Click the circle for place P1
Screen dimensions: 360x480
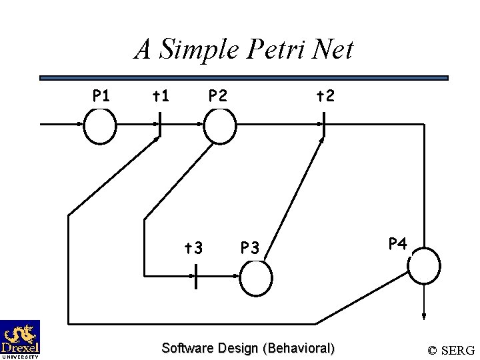[x=100, y=126]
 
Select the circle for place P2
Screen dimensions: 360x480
[x=219, y=126]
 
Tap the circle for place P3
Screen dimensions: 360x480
[x=255, y=278]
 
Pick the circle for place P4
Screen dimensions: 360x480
[x=424, y=265]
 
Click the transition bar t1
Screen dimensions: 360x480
[x=159, y=125]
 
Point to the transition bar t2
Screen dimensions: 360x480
[x=323, y=125]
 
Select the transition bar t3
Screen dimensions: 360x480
[x=195, y=277]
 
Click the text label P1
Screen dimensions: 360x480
[x=101, y=96]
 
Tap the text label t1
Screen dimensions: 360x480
[x=160, y=96]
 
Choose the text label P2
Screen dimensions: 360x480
[x=217, y=96]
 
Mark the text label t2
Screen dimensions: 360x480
[x=325, y=96]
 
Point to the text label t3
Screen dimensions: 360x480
[x=193, y=248]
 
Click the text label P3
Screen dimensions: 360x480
[x=250, y=248]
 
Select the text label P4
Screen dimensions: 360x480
[x=398, y=243]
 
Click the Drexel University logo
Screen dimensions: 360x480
[x=20, y=339]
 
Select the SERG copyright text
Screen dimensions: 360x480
[x=451, y=350]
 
